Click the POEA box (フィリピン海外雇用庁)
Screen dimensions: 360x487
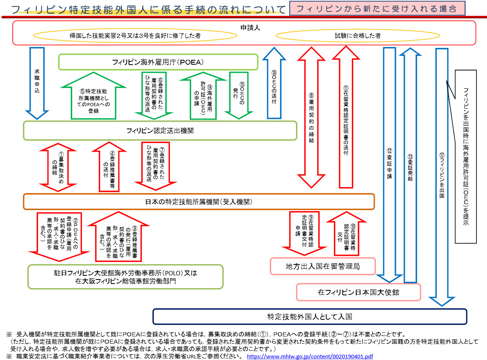[x=158, y=62]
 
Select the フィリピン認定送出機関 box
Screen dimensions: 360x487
[x=160, y=131]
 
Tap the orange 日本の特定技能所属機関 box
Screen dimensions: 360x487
[x=199, y=201]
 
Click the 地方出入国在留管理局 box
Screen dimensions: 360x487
[x=323, y=266]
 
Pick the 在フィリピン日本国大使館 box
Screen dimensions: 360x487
[x=358, y=292]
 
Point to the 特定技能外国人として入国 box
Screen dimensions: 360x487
[x=309, y=316]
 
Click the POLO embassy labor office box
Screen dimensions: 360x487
[x=125, y=277]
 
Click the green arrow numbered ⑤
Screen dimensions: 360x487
[x=93, y=98]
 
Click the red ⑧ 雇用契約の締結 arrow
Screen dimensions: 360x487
[x=312, y=118]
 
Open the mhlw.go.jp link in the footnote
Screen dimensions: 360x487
[x=309, y=356]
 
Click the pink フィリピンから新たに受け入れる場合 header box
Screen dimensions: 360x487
[x=377, y=9]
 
